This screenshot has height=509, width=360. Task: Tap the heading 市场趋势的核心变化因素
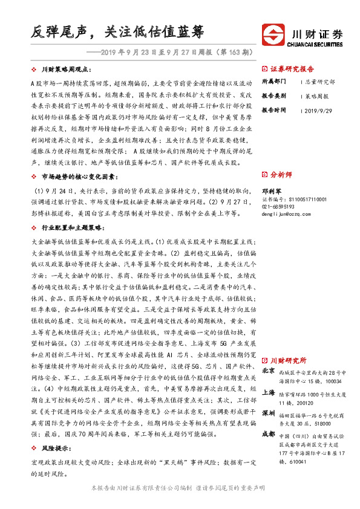coord(73,176)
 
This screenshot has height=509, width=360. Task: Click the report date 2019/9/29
coord(317,111)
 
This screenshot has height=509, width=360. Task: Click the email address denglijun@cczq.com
coord(284,213)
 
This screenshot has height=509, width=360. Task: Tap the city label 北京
coord(269,370)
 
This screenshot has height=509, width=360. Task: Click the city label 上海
coord(269,392)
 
